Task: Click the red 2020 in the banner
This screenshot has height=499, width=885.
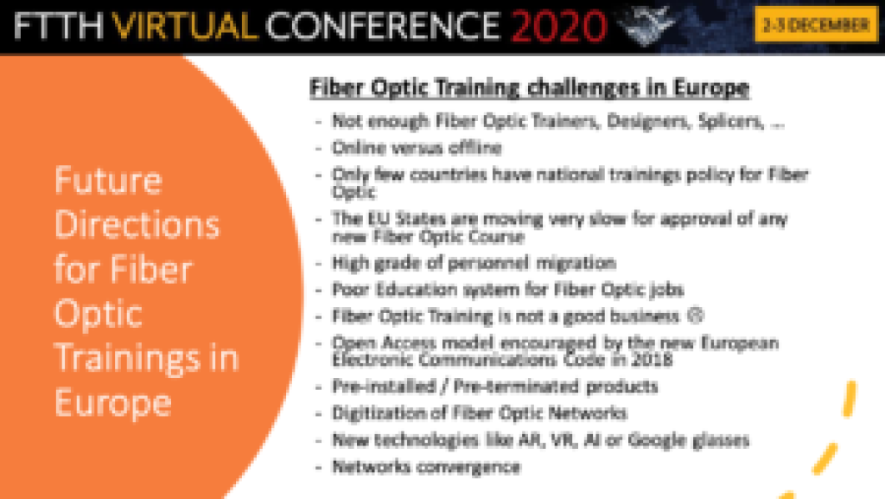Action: click(558, 26)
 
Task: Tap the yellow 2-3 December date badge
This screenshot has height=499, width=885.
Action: click(816, 25)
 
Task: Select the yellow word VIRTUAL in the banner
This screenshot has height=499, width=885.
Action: click(185, 27)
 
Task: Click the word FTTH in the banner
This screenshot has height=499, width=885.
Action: click(58, 27)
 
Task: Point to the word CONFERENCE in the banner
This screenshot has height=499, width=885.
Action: click(383, 27)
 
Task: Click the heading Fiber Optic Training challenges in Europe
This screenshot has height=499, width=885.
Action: click(530, 87)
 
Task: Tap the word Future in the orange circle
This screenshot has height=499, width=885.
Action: click(108, 181)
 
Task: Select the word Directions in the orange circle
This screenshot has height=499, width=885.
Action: click(137, 225)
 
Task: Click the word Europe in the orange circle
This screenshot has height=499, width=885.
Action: click(113, 403)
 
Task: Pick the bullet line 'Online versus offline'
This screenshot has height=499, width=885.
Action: click(417, 148)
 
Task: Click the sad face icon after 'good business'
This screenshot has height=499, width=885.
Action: click(696, 315)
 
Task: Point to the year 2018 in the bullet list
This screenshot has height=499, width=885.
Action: click(653, 360)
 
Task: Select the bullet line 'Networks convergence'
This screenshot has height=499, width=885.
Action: click(426, 467)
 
